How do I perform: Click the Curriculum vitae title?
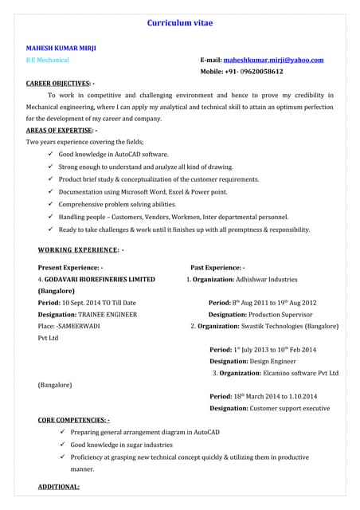click(181, 25)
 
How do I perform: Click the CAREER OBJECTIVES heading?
click(59, 83)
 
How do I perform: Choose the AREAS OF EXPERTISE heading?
click(61, 130)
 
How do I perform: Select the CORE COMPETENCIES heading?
click(73, 419)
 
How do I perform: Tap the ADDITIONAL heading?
click(58, 486)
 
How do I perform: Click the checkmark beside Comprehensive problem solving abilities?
click(50, 204)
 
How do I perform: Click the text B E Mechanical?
click(48, 60)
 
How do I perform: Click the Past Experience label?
click(217, 268)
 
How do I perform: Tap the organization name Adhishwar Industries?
click(266, 280)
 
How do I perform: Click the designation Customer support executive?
click(290, 408)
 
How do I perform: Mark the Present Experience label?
click(70, 268)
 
